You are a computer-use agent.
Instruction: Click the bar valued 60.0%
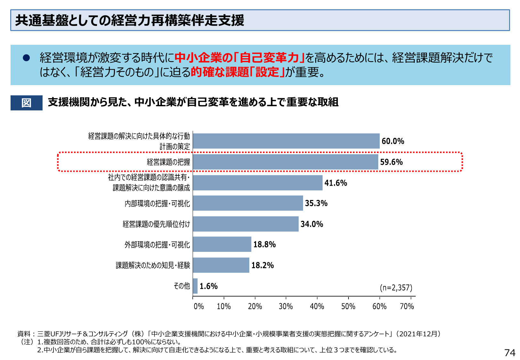coord(286,141)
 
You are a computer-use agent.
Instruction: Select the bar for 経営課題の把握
coord(285,162)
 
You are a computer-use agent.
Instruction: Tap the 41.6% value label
coord(336,183)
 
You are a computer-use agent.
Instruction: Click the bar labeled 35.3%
coord(248,203)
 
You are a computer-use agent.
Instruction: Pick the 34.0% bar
coord(245,224)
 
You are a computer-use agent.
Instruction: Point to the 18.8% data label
coord(264,244)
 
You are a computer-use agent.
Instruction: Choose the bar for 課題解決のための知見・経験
coord(221,265)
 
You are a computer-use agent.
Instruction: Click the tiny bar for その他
coord(195,286)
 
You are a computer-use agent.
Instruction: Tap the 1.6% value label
coord(209,286)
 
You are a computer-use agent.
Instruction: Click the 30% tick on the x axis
coord(286,307)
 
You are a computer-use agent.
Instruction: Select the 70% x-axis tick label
coord(407,307)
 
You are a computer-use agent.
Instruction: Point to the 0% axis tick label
coord(199,307)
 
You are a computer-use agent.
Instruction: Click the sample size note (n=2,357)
coord(396,288)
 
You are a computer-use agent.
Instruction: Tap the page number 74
coord(510,353)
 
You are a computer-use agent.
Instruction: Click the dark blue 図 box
coord(27,103)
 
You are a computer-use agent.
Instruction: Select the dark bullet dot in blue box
coord(26,58)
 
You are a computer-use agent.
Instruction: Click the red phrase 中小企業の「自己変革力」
coord(239,58)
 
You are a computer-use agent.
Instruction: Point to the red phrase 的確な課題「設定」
coord(237,72)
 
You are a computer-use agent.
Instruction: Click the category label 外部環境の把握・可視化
coord(157,245)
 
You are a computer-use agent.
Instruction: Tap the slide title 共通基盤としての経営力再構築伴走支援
coord(130,20)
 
